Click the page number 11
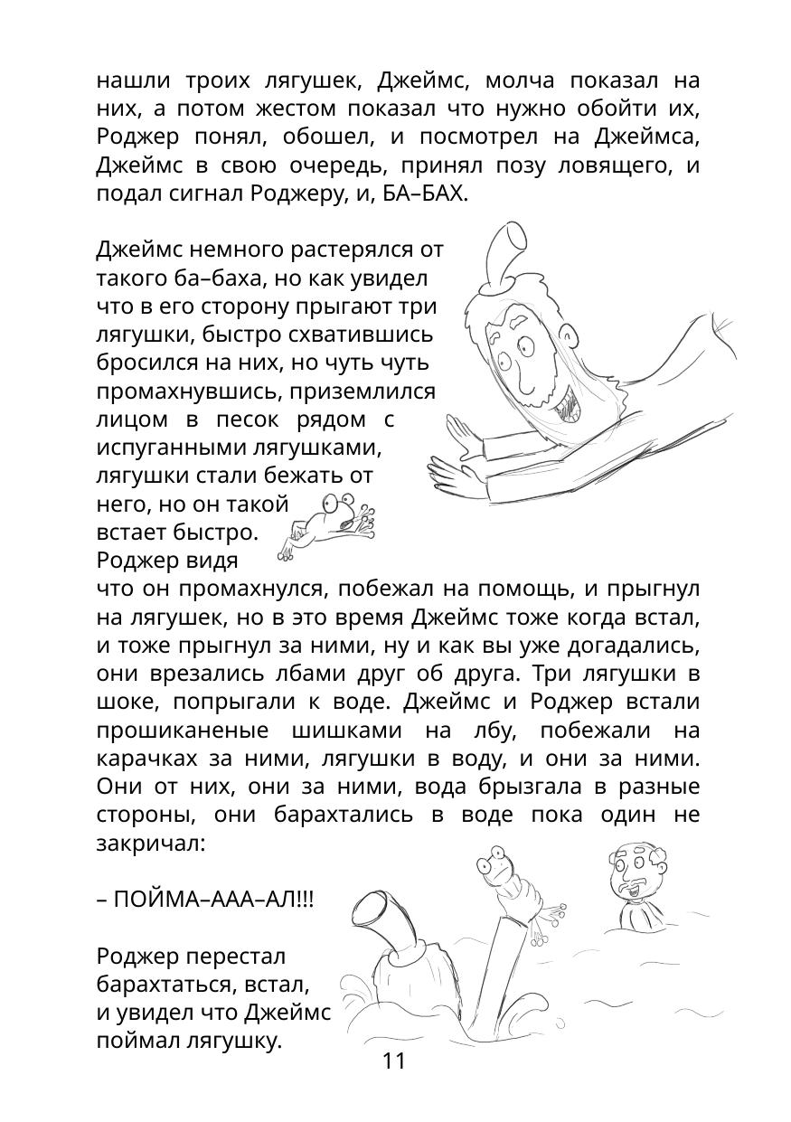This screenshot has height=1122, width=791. tap(394, 1061)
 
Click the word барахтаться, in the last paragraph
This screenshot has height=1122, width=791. tap(159, 984)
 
